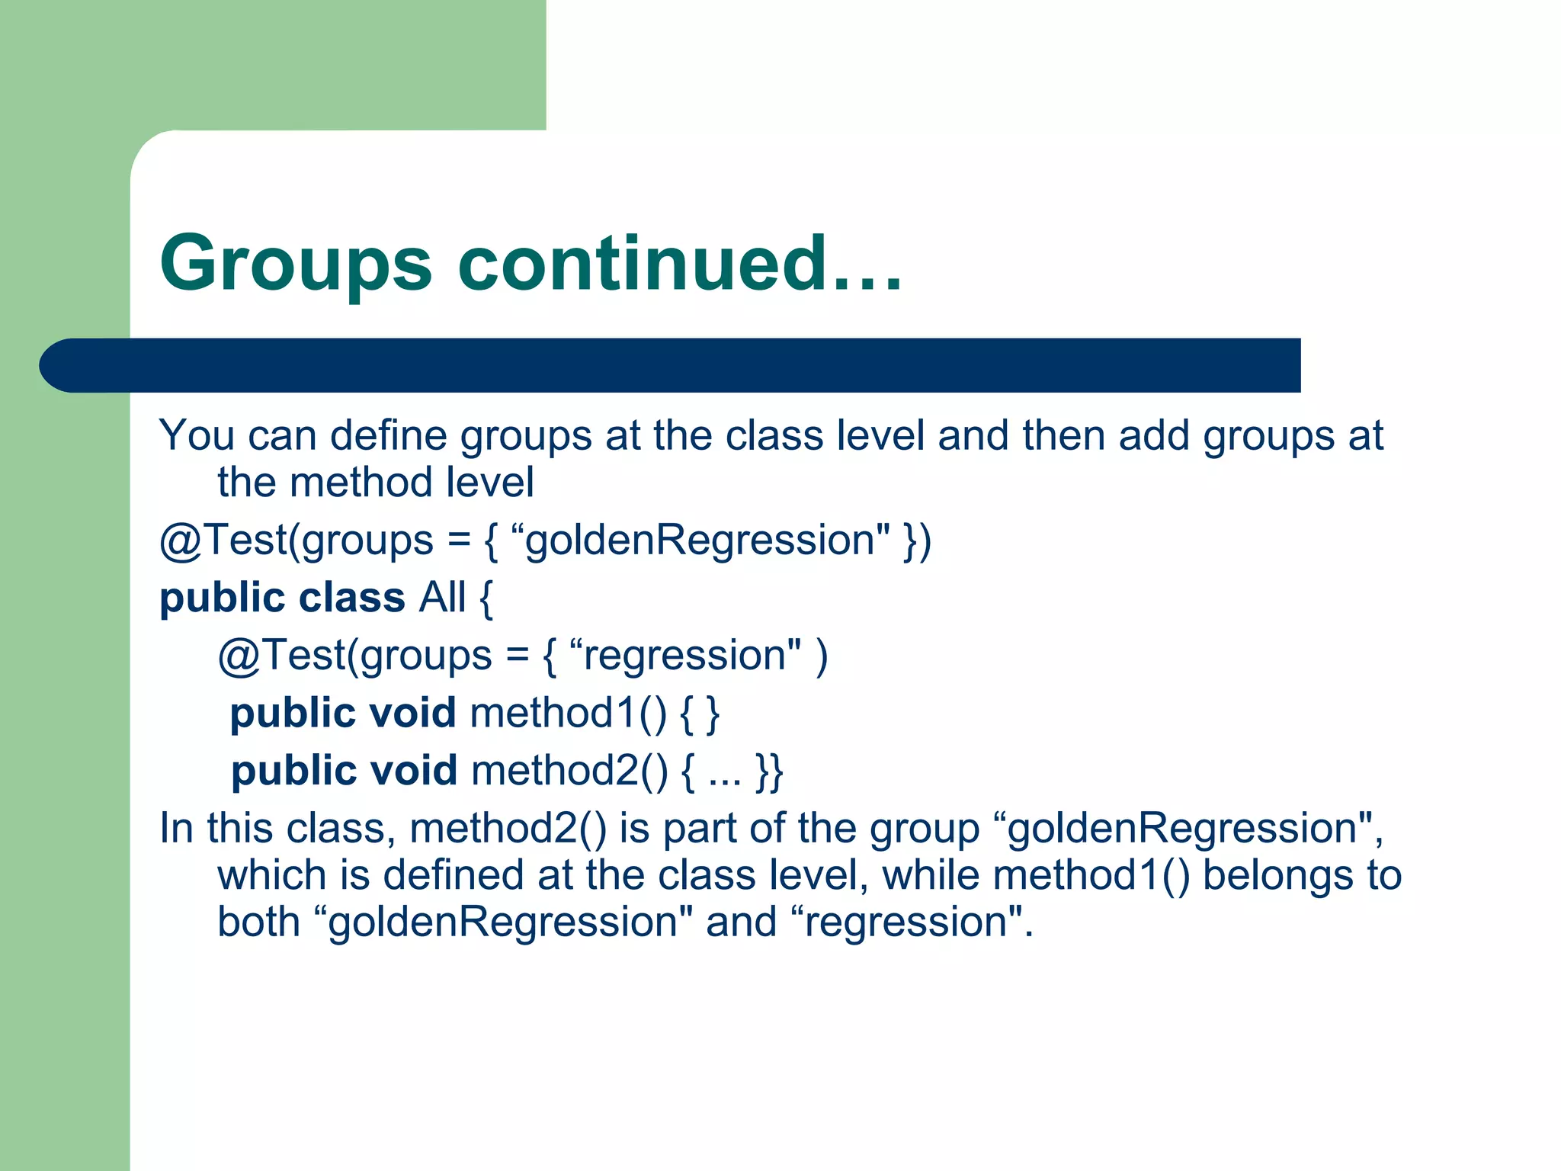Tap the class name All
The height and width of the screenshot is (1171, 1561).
[x=442, y=597]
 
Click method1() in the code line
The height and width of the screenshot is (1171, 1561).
[x=569, y=714]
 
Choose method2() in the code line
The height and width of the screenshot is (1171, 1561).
[x=569, y=771]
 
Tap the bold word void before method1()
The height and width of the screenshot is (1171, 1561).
[x=412, y=714]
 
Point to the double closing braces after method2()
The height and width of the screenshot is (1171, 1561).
[x=769, y=771]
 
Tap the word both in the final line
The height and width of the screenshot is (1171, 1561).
[x=259, y=922]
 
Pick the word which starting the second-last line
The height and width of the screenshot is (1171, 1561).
[x=271, y=875]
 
